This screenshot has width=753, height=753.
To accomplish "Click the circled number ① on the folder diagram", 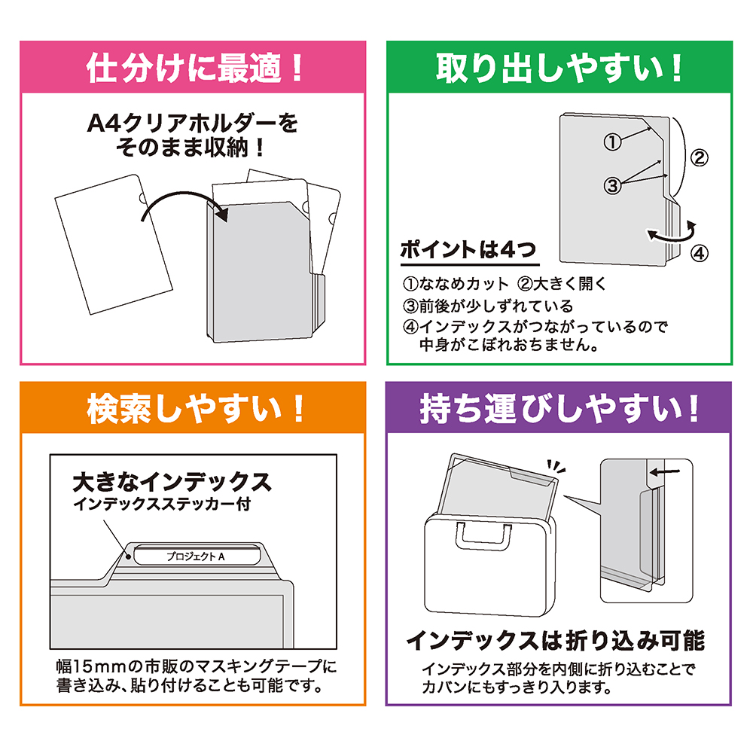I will pyautogui.click(x=613, y=142).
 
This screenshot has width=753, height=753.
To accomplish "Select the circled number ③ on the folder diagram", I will pyautogui.click(x=613, y=184).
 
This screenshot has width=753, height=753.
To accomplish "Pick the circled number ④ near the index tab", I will pyautogui.click(x=699, y=253).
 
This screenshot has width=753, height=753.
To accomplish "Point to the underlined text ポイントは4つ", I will pyautogui.click(x=468, y=251).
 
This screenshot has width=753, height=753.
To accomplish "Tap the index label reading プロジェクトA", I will pyautogui.click(x=196, y=557).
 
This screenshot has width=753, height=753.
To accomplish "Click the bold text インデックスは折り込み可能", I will pyautogui.click(x=555, y=641).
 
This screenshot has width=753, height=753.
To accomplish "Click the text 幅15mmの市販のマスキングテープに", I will pyautogui.click(x=195, y=666).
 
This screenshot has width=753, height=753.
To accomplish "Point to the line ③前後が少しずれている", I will pyautogui.click(x=487, y=306).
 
